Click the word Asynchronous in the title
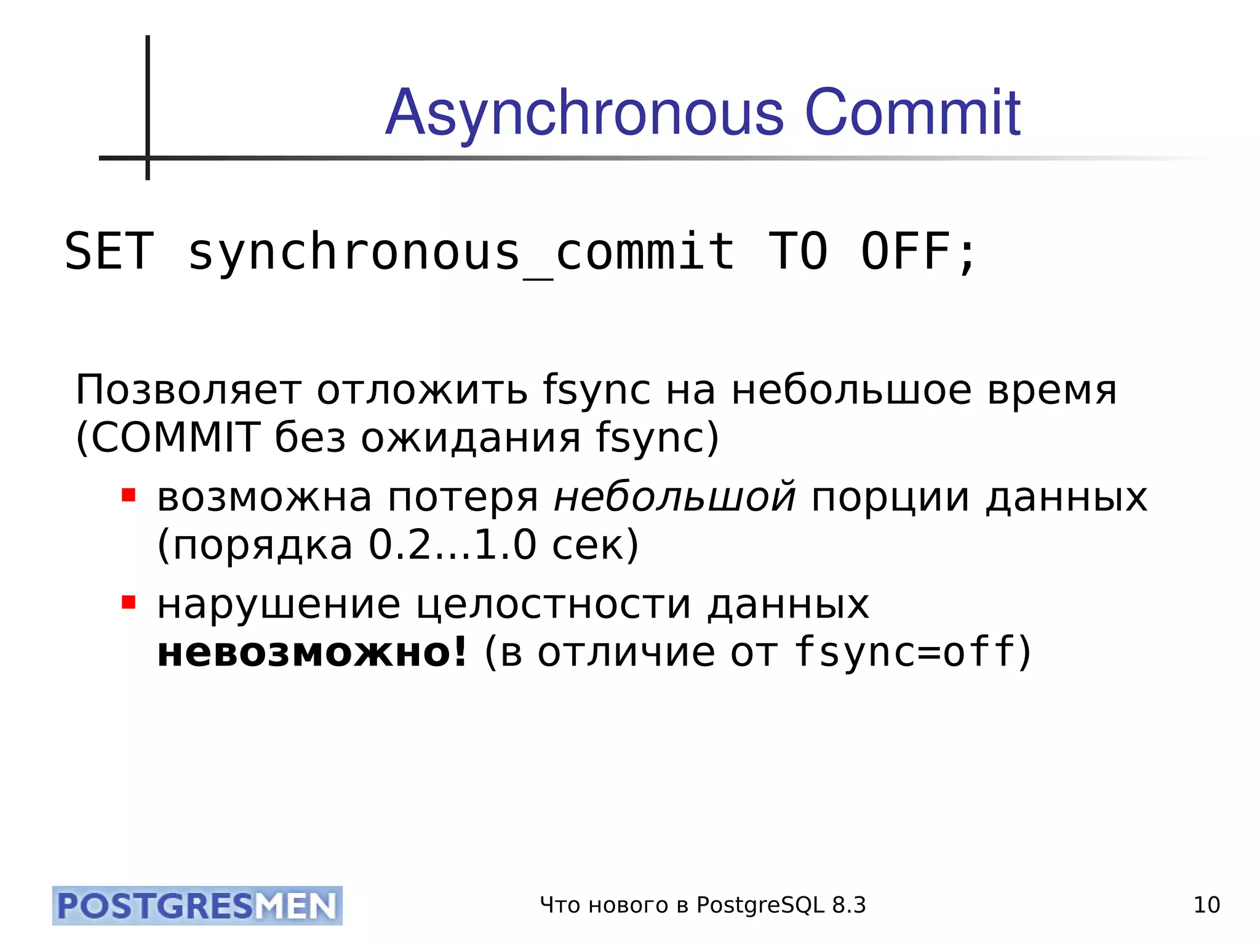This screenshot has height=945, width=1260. [x=584, y=114]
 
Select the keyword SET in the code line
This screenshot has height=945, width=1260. [x=109, y=251]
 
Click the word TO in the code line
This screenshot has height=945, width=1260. [x=798, y=251]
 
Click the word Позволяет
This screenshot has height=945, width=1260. [x=188, y=390]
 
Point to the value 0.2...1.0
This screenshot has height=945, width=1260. [x=452, y=545]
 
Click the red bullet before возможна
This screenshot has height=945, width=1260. [x=129, y=495]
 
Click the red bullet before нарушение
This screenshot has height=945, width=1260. [x=129, y=601]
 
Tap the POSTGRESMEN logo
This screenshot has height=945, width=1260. [x=197, y=906]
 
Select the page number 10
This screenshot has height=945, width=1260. [x=1206, y=905]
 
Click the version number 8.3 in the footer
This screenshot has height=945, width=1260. [x=848, y=905]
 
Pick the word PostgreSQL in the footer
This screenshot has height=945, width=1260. [x=760, y=906]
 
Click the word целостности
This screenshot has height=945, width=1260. [x=554, y=605]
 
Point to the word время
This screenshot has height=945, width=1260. [x=1051, y=390]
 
